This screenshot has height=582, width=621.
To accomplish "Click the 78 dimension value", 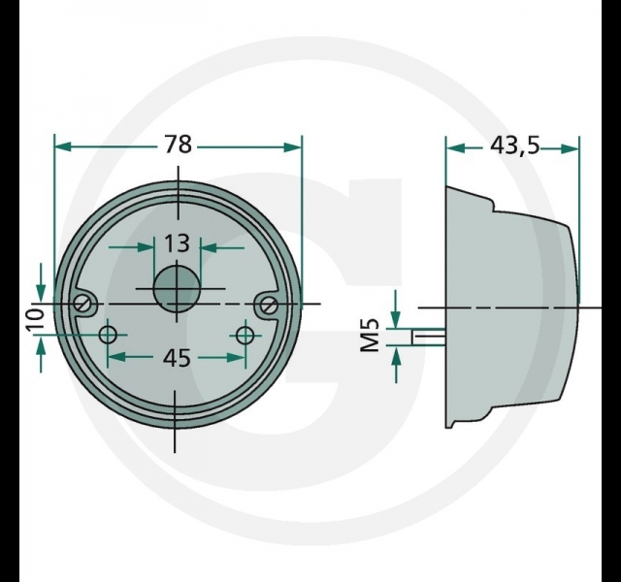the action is coord(179,145).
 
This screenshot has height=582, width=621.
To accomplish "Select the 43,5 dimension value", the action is coord(515,145).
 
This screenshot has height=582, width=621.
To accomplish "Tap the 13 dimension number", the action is coord(177,243).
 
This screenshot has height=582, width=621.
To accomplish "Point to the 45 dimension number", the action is coord(177,358).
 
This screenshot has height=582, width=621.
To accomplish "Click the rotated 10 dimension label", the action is coord(36,319).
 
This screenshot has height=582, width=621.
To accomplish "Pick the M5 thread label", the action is coord(371,336).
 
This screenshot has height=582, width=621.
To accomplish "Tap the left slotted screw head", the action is coord(84,304).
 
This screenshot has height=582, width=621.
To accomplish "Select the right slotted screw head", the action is coord(269,304).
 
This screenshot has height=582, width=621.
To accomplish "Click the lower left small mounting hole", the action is coord(108,335).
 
